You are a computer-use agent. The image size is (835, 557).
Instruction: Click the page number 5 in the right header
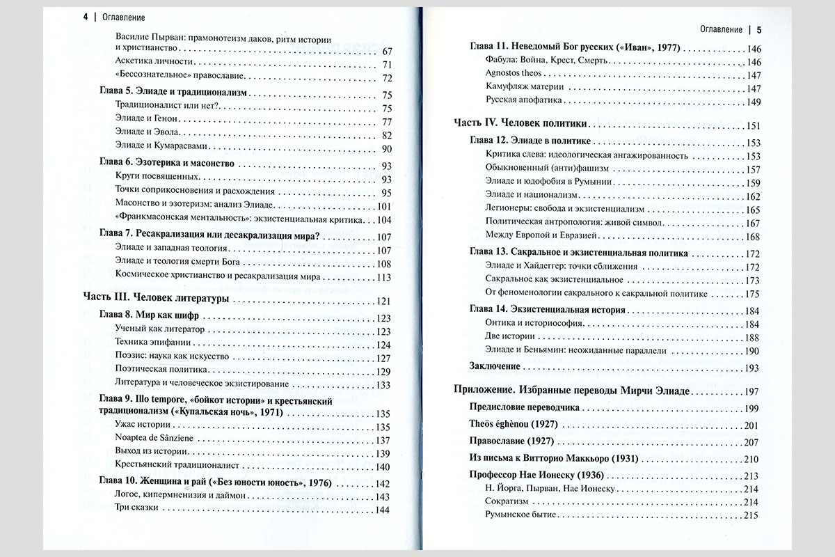759,30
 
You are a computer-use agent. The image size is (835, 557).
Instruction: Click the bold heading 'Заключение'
495,366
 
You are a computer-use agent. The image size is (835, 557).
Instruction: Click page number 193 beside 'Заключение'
751,368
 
